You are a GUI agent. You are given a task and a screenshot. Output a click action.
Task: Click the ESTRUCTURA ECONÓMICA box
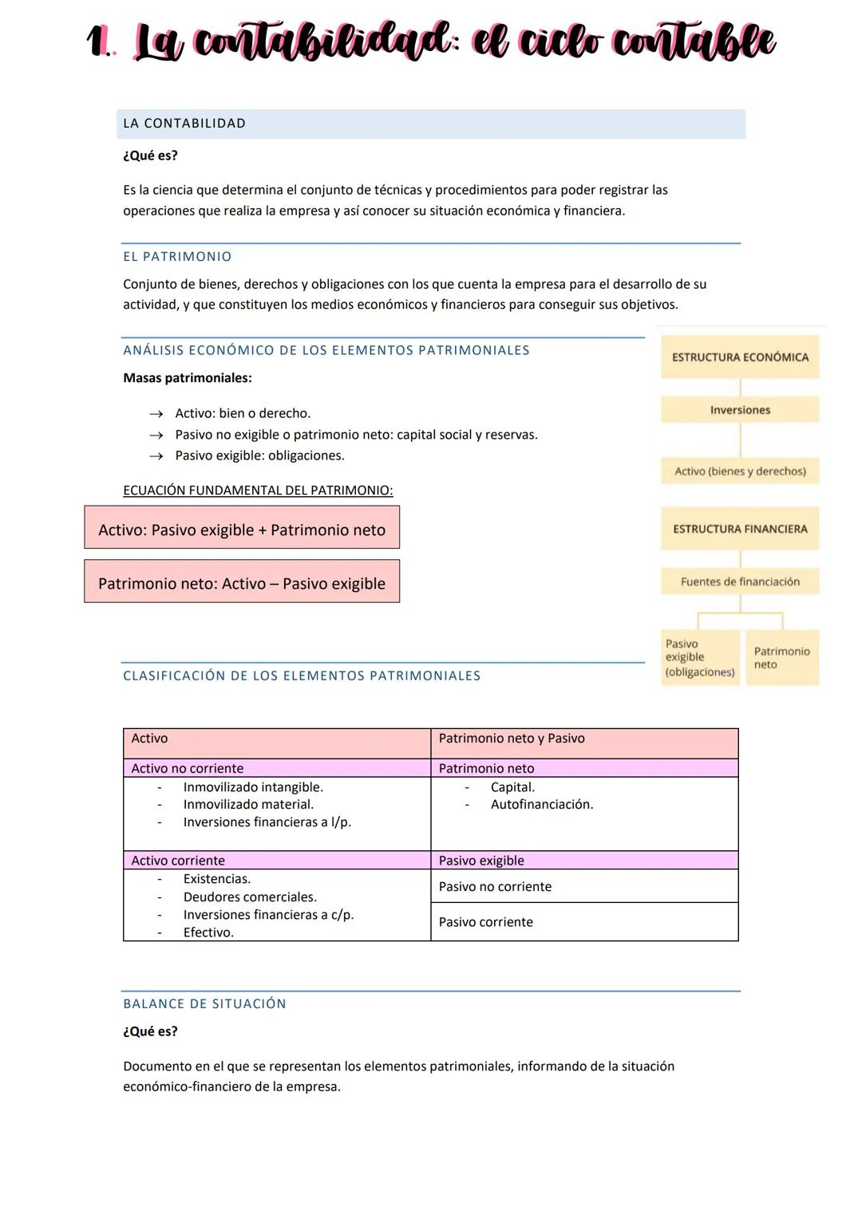point(740,357)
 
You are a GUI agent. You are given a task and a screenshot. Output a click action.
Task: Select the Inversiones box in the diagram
point(740,410)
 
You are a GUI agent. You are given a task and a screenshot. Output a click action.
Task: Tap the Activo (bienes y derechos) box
point(740,471)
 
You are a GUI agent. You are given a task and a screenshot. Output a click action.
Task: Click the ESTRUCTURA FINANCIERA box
point(740,529)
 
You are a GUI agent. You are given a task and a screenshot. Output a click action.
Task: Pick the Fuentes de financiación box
point(740,582)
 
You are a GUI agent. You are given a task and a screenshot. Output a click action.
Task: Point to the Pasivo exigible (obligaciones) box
point(700,658)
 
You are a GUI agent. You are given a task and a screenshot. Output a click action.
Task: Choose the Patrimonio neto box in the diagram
point(781,658)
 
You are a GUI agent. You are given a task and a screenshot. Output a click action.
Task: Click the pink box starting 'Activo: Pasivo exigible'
point(242,530)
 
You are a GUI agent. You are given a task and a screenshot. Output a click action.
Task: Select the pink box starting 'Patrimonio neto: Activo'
point(242,583)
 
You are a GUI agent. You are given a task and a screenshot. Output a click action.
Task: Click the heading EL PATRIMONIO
point(177,257)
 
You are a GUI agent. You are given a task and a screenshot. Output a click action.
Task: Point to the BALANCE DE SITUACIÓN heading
point(204,1003)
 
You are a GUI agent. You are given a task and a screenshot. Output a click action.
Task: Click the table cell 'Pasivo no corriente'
point(495,887)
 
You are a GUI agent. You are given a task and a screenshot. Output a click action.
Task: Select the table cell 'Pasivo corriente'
point(486,922)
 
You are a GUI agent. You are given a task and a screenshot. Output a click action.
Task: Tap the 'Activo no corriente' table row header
point(188,768)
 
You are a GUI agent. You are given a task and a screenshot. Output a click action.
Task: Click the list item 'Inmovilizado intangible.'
point(253,787)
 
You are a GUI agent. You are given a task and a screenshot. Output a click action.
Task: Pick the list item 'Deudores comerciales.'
point(250,897)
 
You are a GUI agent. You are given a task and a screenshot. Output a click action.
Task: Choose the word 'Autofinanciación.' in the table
point(542,805)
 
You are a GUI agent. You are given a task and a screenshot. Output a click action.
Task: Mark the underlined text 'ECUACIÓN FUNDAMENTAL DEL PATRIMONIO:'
point(258,491)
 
